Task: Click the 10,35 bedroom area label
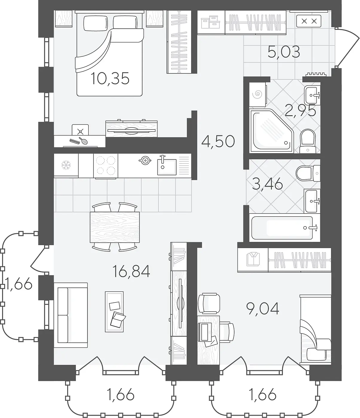pyautogui.click(x=110, y=79)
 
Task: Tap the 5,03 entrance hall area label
pyautogui.click(x=284, y=52)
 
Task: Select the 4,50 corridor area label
pyautogui.click(x=218, y=141)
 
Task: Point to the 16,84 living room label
pyautogui.click(x=131, y=271)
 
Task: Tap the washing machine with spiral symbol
pyautogui.click(x=258, y=94)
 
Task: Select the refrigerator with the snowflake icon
pyautogui.click(x=66, y=165)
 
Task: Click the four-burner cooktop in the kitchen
pyautogui.click(x=106, y=166)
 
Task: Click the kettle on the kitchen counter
pyautogui.click(x=145, y=161)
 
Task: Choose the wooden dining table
pyautogui.click(x=115, y=227)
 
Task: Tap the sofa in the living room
pyautogui.click(x=71, y=315)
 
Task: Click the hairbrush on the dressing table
pyautogui.click(x=83, y=141)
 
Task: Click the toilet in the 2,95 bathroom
pyautogui.click(x=308, y=141)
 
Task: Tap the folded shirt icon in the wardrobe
pyautogui.click(x=253, y=259)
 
